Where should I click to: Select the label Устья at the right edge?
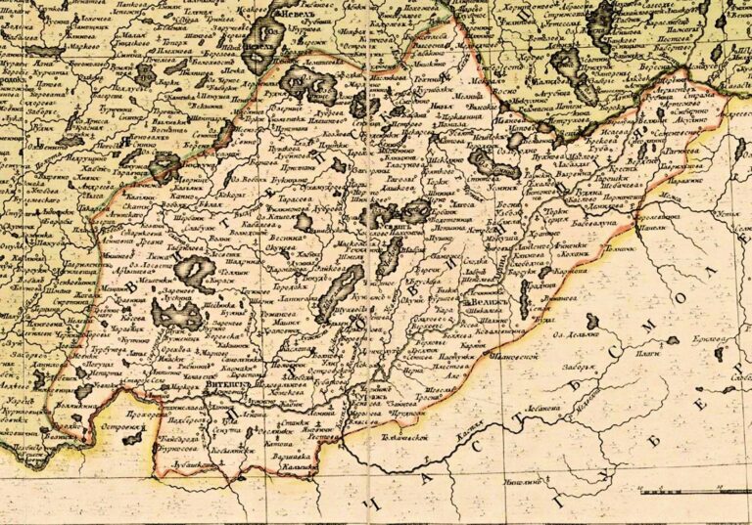pos(728,214)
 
